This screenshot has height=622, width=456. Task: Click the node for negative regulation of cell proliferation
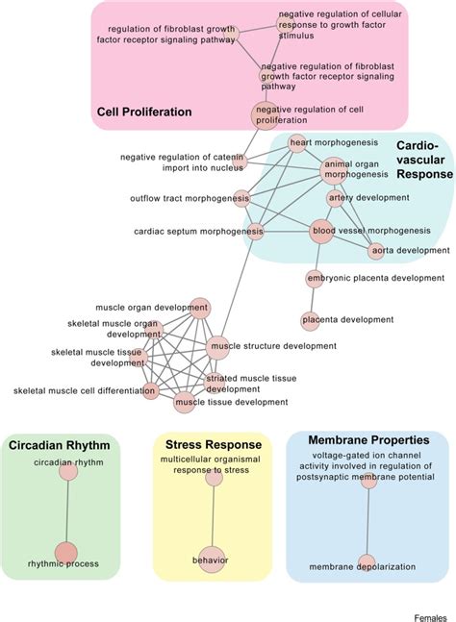[264, 115]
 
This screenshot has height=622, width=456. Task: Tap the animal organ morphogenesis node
[332, 169]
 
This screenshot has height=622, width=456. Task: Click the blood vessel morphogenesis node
[322, 231]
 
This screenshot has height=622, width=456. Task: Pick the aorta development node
[378, 251]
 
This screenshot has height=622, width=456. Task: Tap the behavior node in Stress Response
[212, 559]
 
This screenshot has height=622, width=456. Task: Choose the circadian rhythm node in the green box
[67, 471]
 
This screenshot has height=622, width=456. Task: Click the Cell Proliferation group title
[144, 112]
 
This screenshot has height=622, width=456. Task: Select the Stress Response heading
[213, 445]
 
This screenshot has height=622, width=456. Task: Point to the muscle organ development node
[199, 309]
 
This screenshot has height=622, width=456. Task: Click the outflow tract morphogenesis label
[189, 199]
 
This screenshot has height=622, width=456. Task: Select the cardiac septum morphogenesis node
[255, 231]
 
